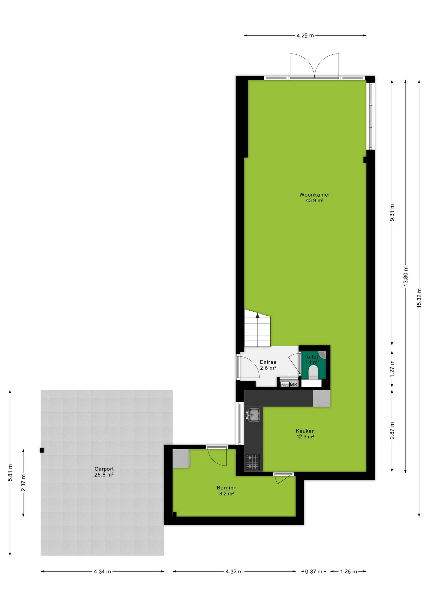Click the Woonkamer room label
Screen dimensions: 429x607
point(315,198)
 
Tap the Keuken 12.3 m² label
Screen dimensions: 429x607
point(305,434)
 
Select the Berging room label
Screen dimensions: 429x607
point(227,491)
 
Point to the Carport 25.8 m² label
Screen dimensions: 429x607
point(104,472)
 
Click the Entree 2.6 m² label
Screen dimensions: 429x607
point(268,365)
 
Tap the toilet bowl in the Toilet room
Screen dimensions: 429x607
point(313,372)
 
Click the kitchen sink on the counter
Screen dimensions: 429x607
point(253,415)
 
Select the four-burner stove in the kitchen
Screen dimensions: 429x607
point(253,462)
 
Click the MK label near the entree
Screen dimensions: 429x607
point(294,385)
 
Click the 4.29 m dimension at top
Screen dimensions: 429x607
point(305,36)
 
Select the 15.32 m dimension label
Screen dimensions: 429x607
point(419,298)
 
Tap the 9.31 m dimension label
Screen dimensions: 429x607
point(392,213)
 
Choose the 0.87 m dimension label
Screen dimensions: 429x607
point(314,572)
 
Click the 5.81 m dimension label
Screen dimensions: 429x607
point(10,473)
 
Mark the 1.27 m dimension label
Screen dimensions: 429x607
point(392,369)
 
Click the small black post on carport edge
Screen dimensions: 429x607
point(42,451)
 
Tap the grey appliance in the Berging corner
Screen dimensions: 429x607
point(181,459)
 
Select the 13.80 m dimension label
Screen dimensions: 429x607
point(406,276)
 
